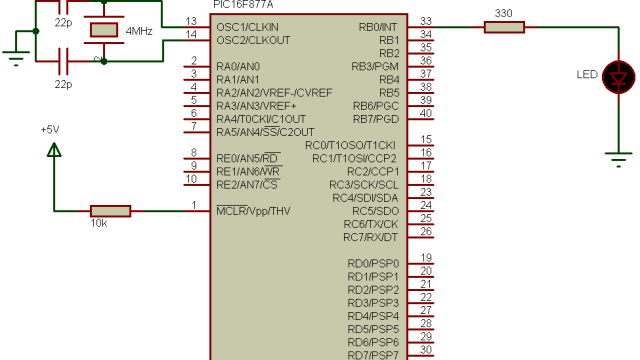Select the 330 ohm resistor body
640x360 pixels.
[505, 27]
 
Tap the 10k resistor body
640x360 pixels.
[110, 211]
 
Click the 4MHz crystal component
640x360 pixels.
[103, 30]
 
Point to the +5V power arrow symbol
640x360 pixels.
[54, 150]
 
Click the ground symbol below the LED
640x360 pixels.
[621, 156]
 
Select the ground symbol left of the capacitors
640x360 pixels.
[15, 55]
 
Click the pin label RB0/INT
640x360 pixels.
[377, 26]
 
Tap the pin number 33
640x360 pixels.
[426, 21]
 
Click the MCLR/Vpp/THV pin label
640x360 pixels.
[253, 211]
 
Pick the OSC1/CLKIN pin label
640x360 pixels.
[247, 26]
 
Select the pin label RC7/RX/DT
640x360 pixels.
[370, 237]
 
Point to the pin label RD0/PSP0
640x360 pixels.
[373, 263]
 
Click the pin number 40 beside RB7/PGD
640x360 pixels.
[426, 112]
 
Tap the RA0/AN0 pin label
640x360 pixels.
[238, 66]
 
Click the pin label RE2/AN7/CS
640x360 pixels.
[247, 184]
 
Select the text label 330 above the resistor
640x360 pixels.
[505, 12]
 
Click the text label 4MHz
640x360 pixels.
[138, 32]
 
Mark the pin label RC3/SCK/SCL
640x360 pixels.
[364, 184]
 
